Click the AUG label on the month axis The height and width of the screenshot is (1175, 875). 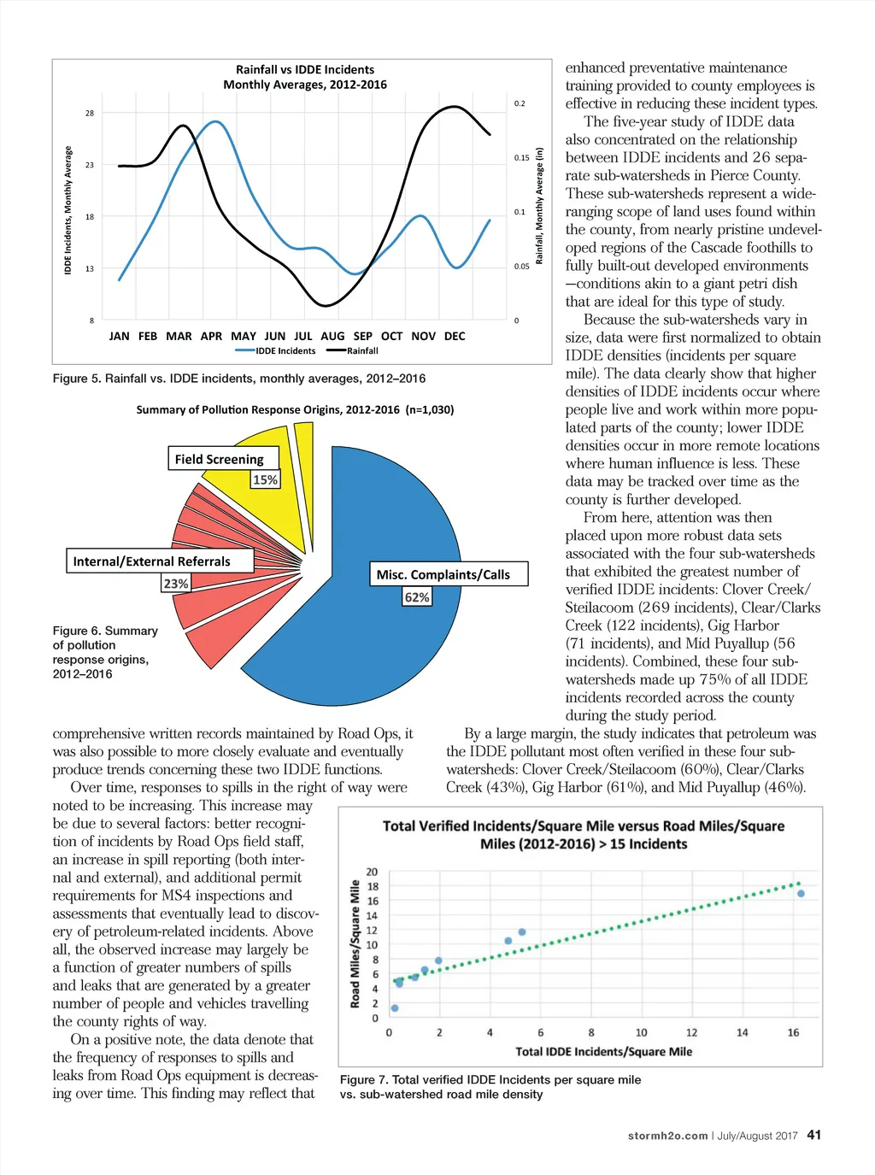coord(332,337)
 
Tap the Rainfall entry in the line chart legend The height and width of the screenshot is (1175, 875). coord(361,351)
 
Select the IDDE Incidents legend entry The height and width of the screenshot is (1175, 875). coord(285,351)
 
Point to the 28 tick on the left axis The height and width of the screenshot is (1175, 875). coord(90,114)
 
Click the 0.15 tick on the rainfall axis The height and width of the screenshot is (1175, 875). coord(521,158)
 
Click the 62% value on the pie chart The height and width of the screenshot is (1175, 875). coord(417,597)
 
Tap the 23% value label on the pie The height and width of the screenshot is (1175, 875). coord(176,584)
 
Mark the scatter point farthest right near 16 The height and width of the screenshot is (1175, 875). coord(801,894)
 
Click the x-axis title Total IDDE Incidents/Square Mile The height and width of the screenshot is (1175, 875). coord(603,1052)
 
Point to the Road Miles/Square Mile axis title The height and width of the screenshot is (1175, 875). coord(355,943)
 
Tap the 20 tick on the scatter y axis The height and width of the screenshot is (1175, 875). coord(372,872)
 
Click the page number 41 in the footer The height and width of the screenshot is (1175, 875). coord(814,1135)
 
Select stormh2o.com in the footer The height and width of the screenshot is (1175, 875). coord(667,1136)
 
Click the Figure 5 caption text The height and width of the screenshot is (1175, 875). coord(239,379)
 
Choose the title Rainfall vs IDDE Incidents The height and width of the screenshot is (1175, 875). coord(305,70)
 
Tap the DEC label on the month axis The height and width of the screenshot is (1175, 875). coord(455,337)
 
